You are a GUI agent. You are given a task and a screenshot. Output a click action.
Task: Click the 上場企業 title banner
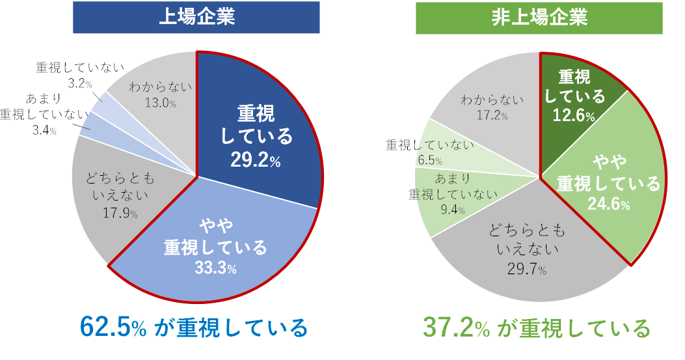pos(196,18)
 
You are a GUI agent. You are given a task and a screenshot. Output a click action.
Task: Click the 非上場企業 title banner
pos(539,18)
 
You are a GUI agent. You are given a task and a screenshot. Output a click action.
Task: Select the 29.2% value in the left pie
pos(255,160)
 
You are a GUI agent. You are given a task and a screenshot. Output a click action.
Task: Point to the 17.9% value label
pos(117,212)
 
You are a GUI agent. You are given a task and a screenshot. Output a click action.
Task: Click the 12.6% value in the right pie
pos(574,116)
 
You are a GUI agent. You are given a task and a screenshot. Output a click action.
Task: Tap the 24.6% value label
pos(609,204)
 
